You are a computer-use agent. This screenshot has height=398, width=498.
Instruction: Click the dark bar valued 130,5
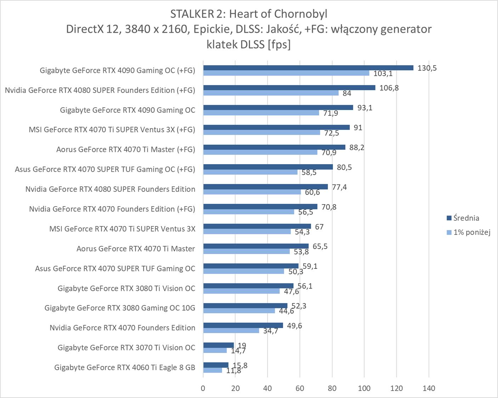(x=308, y=68)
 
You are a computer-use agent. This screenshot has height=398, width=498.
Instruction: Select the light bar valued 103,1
(x=286, y=73)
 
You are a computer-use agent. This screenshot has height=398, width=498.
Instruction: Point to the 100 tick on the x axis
(x=364, y=388)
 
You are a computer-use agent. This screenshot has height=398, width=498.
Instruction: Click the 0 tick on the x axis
(x=203, y=388)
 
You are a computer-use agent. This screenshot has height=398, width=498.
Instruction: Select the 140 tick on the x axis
(x=429, y=388)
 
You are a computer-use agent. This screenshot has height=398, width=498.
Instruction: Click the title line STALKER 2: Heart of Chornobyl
(x=249, y=14)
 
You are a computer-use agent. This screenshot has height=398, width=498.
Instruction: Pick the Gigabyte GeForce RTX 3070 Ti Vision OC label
(x=126, y=347)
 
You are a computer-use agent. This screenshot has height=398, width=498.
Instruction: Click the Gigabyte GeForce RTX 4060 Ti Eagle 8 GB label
(x=125, y=367)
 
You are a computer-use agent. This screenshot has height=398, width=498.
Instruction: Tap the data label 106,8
(x=389, y=88)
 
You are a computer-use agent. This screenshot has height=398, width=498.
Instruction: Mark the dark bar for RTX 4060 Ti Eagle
(x=216, y=365)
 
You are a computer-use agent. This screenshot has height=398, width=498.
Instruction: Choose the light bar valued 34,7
(x=231, y=330)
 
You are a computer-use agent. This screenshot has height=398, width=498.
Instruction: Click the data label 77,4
(x=339, y=187)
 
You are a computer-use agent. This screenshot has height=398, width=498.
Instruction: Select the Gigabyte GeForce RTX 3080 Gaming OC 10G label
(x=120, y=308)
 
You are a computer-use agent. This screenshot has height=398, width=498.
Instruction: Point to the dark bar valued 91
(x=276, y=127)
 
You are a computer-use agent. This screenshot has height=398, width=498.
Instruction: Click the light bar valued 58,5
(x=250, y=172)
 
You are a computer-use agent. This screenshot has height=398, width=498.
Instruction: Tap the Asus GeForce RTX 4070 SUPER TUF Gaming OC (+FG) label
(x=105, y=169)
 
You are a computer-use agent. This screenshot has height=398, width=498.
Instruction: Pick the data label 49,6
(x=294, y=325)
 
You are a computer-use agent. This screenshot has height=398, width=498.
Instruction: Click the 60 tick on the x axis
(x=300, y=388)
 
